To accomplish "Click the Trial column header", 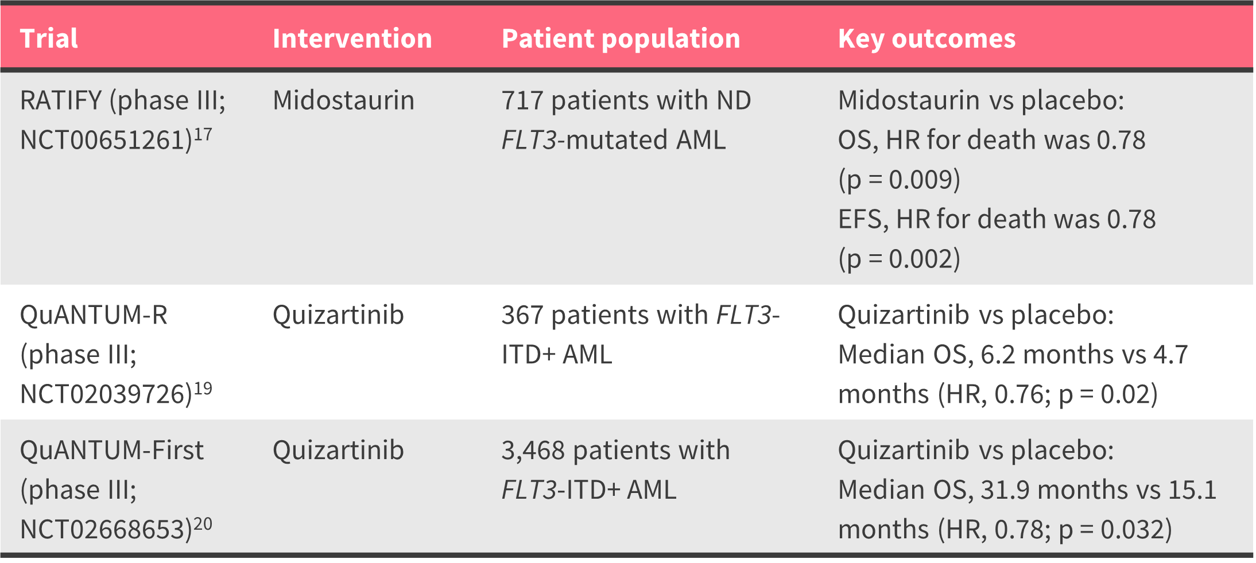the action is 49,38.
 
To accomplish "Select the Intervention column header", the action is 352,38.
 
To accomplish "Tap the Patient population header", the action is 621,39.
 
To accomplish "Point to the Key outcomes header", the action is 927,39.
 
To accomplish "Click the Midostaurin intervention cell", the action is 343,100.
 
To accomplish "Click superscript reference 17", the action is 203,134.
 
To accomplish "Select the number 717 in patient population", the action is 522,100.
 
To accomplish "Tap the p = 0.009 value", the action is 900,180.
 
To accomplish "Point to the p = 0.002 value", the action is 900,259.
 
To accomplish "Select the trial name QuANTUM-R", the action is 94,315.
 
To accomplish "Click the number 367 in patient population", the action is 522,315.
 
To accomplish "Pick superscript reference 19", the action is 203,389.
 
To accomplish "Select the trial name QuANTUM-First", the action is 112,451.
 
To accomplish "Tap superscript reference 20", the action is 203,524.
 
